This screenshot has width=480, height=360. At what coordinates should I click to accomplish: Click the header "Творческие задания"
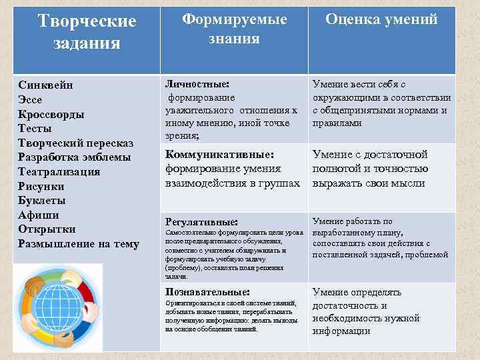tap(87, 32)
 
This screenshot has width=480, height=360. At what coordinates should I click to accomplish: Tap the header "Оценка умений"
tap(381, 19)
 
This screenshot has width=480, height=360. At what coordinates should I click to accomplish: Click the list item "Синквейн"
tap(46, 85)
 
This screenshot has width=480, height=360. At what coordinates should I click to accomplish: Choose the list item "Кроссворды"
tap(51, 114)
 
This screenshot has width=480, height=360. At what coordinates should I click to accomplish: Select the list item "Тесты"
tap(36, 128)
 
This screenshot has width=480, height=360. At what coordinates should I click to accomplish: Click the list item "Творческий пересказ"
tap(76, 143)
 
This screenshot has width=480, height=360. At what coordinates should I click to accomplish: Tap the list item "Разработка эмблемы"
tap(75, 157)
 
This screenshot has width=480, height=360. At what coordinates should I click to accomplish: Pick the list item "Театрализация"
tap(59, 171)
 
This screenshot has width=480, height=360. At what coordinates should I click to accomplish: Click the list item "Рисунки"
tap(43, 186)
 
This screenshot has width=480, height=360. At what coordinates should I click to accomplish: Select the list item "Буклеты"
tap(41, 200)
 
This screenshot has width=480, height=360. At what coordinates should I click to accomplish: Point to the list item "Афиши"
tap(39, 215)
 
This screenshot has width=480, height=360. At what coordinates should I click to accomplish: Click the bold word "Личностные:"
tap(197, 85)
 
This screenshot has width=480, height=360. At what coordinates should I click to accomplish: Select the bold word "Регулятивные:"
tap(201, 221)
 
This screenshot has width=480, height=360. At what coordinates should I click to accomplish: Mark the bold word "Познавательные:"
tap(207, 291)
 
